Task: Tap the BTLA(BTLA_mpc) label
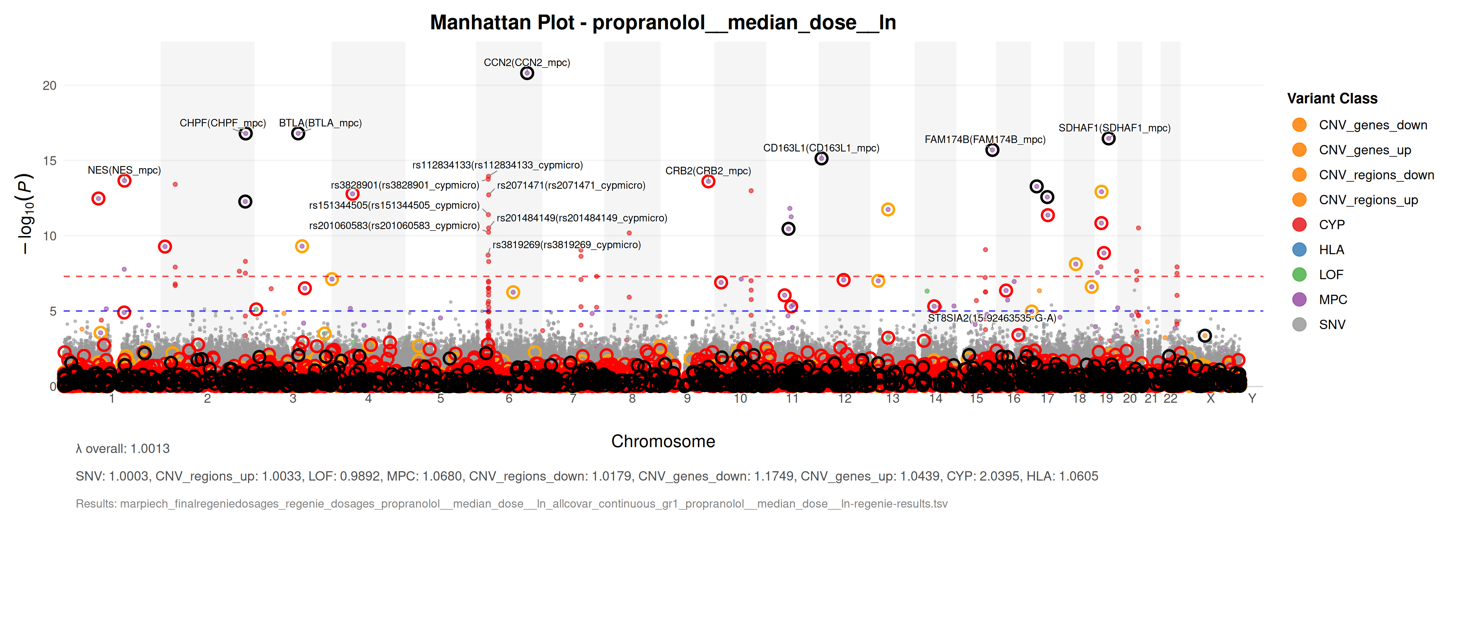(x=320, y=123)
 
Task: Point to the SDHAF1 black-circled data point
(x=1108, y=138)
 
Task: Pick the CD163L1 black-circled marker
(x=821, y=159)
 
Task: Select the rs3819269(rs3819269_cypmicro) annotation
(x=566, y=245)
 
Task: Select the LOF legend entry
(x=1330, y=275)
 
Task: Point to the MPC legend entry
(x=1332, y=300)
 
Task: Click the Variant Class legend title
(x=1332, y=98)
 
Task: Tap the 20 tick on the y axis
(x=50, y=85)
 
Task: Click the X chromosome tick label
(x=1210, y=398)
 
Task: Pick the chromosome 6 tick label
(x=509, y=398)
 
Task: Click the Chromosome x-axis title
(x=663, y=441)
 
